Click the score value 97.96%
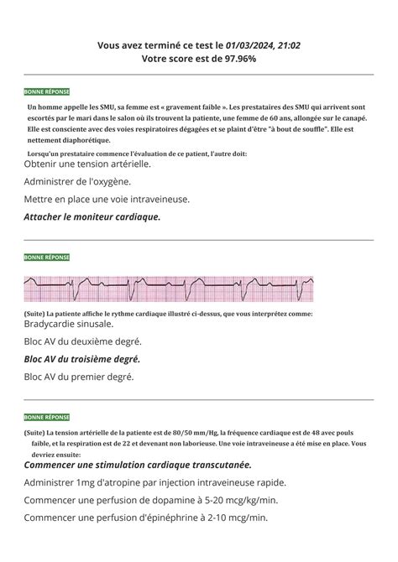tap(236, 59)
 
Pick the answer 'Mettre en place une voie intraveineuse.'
tap(107, 199)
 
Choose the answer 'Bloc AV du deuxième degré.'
tap(83, 341)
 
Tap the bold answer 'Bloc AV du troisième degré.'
tap(81, 359)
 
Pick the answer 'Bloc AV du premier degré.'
tap(79, 377)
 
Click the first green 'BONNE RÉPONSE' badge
tap(47, 91)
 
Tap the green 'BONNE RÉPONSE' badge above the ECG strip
tap(47, 257)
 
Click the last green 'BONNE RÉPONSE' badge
tap(47, 417)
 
